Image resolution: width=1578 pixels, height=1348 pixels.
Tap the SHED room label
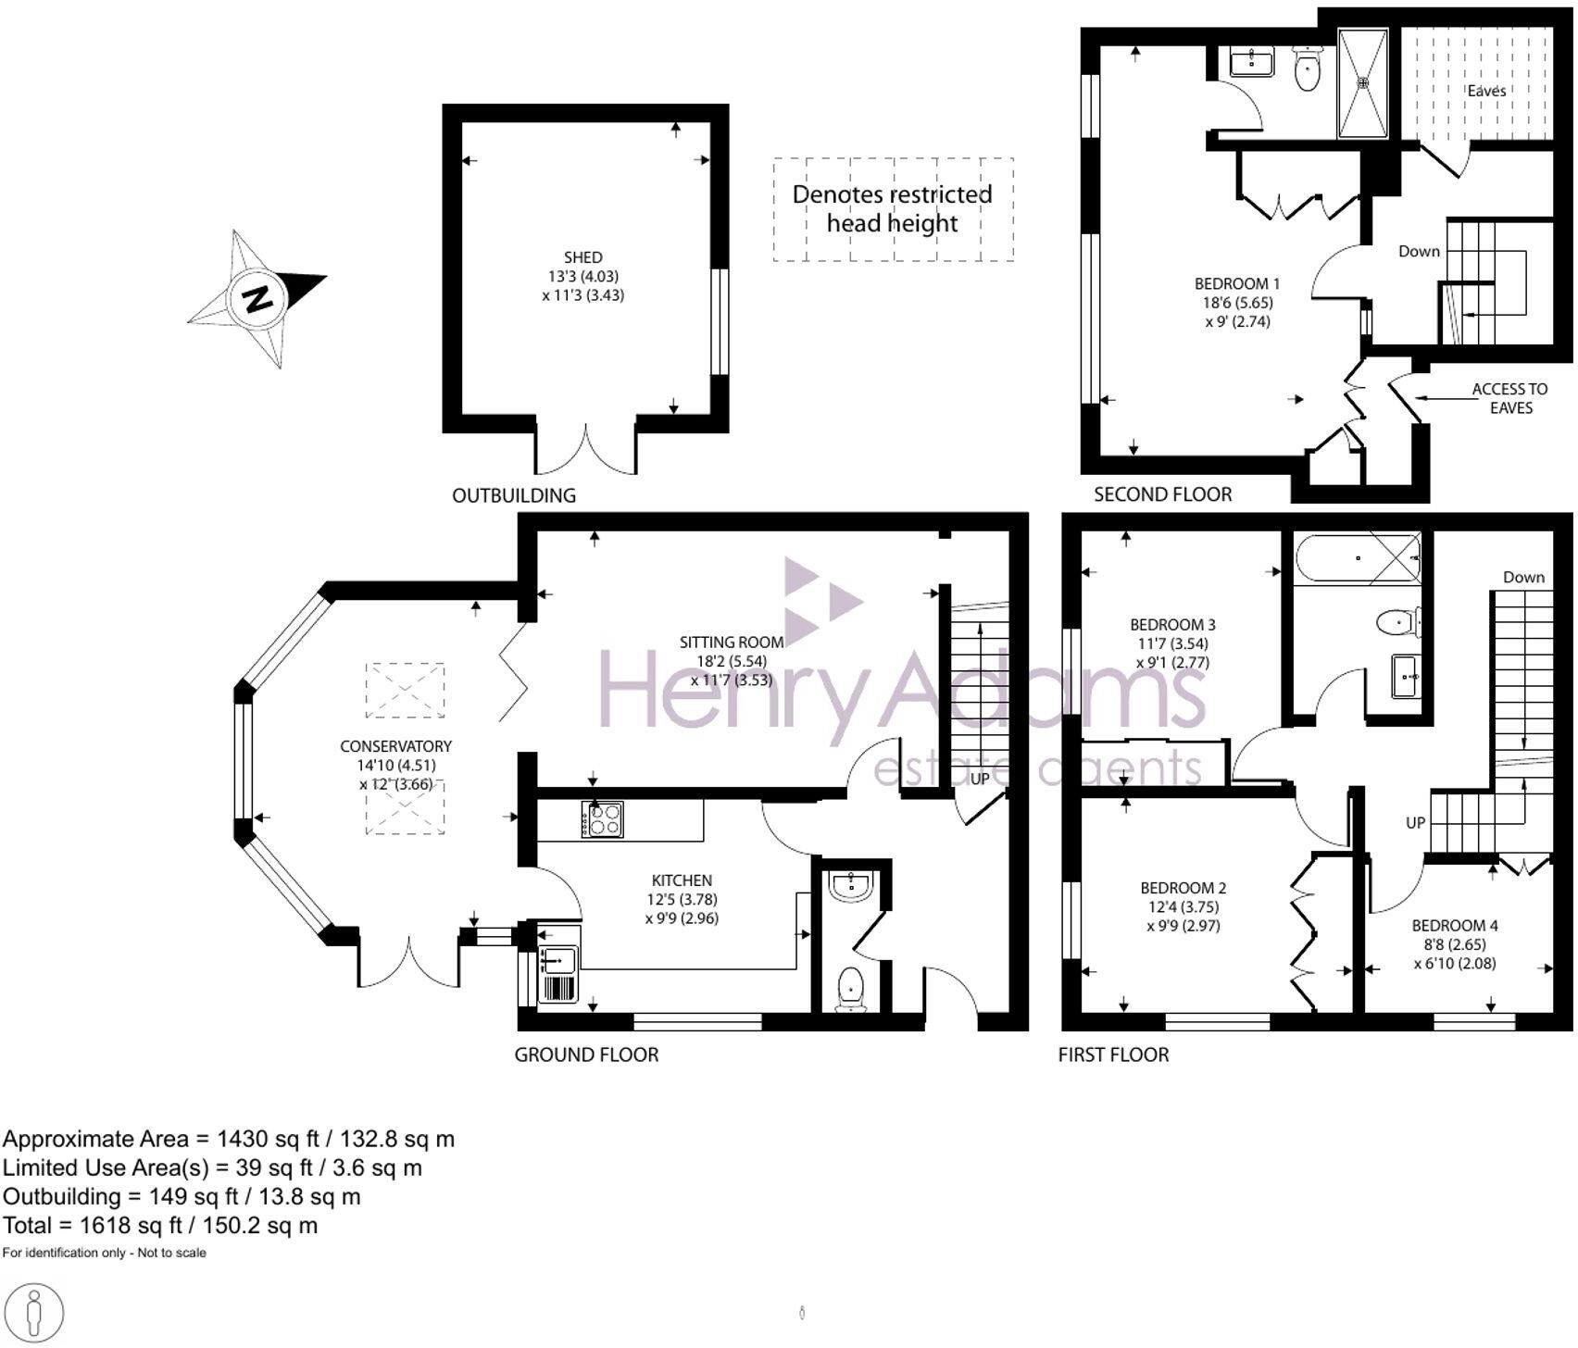pyautogui.click(x=582, y=257)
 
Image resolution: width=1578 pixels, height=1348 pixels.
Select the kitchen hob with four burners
pyautogui.click(x=602, y=819)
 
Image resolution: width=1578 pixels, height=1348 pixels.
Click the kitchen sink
pyautogui.click(x=558, y=962)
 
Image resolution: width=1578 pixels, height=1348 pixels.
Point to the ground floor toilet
pyautogui.click(x=850, y=989)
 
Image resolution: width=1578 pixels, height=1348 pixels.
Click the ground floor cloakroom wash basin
pyautogui.click(x=851, y=886)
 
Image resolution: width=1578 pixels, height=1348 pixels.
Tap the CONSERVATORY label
pyautogui.click(x=395, y=746)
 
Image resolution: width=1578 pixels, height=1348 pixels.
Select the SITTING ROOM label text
pyautogui.click(x=731, y=642)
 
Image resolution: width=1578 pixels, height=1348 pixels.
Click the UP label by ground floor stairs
pyautogui.click(x=980, y=780)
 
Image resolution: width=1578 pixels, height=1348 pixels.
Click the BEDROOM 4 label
pyautogui.click(x=1454, y=925)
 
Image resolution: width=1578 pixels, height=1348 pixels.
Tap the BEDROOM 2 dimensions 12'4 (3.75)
pyautogui.click(x=1178, y=907)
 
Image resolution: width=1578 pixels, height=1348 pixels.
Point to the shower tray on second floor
pyautogui.click(x=1363, y=83)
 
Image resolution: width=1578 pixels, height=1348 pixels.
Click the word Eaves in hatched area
pyautogui.click(x=1486, y=91)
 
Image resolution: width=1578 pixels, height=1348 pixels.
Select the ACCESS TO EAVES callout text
pyautogui.click(x=1509, y=398)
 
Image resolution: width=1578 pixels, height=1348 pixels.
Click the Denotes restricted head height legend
pyautogui.click(x=892, y=208)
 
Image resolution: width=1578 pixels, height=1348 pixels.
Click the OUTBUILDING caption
pyautogui.click(x=513, y=495)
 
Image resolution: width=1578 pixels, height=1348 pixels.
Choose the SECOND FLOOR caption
pyautogui.click(x=1162, y=494)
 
